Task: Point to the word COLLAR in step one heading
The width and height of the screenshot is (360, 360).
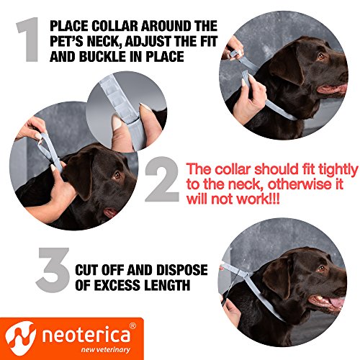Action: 117,24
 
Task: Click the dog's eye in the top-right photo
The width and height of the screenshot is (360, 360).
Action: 319,57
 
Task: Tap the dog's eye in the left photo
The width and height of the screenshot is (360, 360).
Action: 117,175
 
